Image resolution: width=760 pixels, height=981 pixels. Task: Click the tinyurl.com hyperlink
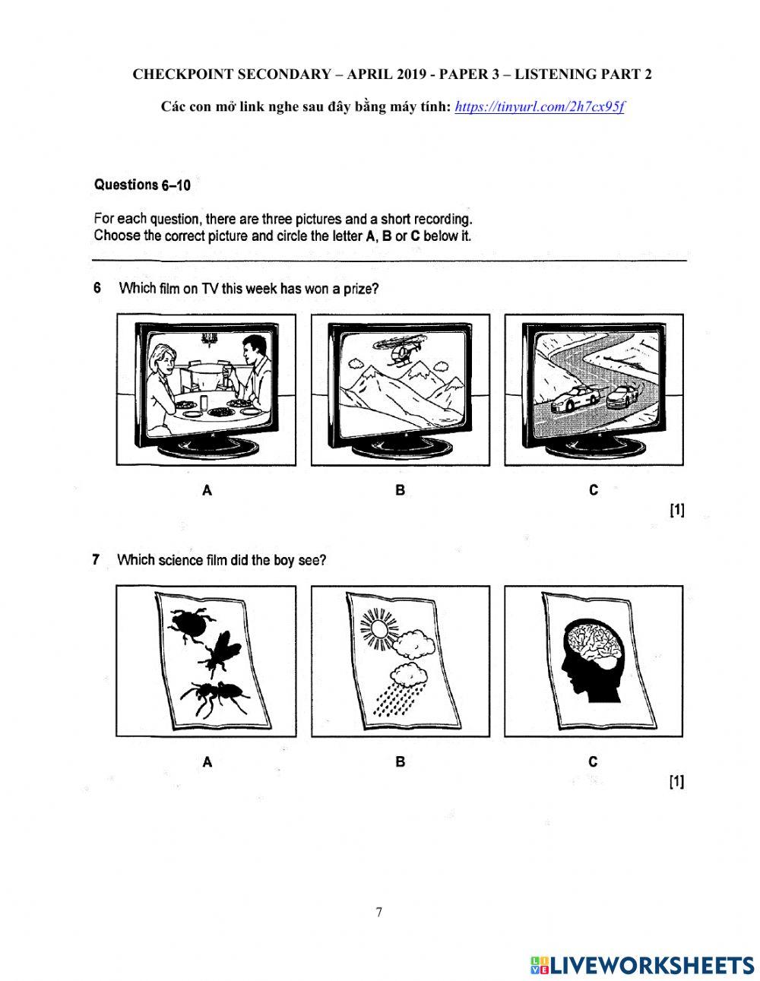(540, 106)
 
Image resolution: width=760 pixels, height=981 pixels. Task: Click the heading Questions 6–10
(142, 185)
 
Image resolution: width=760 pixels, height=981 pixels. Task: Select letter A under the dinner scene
(207, 491)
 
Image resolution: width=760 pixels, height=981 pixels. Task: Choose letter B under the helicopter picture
(400, 491)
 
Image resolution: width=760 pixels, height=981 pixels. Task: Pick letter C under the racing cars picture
(594, 491)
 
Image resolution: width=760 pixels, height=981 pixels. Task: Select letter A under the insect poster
(207, 761)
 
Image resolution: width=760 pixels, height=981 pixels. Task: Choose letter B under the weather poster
(400, 761)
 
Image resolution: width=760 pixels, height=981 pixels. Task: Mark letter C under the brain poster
(594, 761)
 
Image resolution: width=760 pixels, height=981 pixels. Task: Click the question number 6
(97, 289)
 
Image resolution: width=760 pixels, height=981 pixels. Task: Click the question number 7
(97, 560)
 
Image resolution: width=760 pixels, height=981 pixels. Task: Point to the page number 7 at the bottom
(379, 913)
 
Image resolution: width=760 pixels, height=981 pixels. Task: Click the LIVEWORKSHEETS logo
(642, 964)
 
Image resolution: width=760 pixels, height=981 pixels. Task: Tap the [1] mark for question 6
(676, 511)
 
